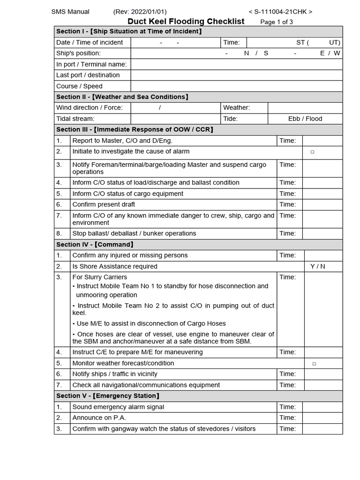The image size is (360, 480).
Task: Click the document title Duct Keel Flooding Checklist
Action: pos(186,21)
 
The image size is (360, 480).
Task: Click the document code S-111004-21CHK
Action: pos(280,12)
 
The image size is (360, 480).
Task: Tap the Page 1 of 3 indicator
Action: pos(277,22)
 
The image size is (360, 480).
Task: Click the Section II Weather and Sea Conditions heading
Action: pos(122,97)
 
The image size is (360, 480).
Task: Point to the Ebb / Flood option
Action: pos(305,119)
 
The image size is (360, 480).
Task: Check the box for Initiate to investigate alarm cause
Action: pos(312,152)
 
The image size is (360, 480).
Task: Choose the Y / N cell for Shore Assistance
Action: pos(317,266)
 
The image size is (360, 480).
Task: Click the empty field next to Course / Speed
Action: pos(236,86)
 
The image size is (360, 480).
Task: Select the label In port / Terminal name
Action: pos(91,64)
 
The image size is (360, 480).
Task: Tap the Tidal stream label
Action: pos(75,119)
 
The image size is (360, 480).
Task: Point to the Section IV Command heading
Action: pos(95,244)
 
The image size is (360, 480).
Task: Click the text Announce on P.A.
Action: pos(99,418)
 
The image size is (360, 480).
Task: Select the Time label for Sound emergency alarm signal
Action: pos(287,407)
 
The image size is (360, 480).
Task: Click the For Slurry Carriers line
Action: pos(99,277)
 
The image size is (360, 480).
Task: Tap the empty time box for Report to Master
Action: pos(322,141)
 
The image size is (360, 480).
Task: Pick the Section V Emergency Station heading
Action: pos(108,396)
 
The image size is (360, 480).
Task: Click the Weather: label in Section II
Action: pos(236,108)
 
